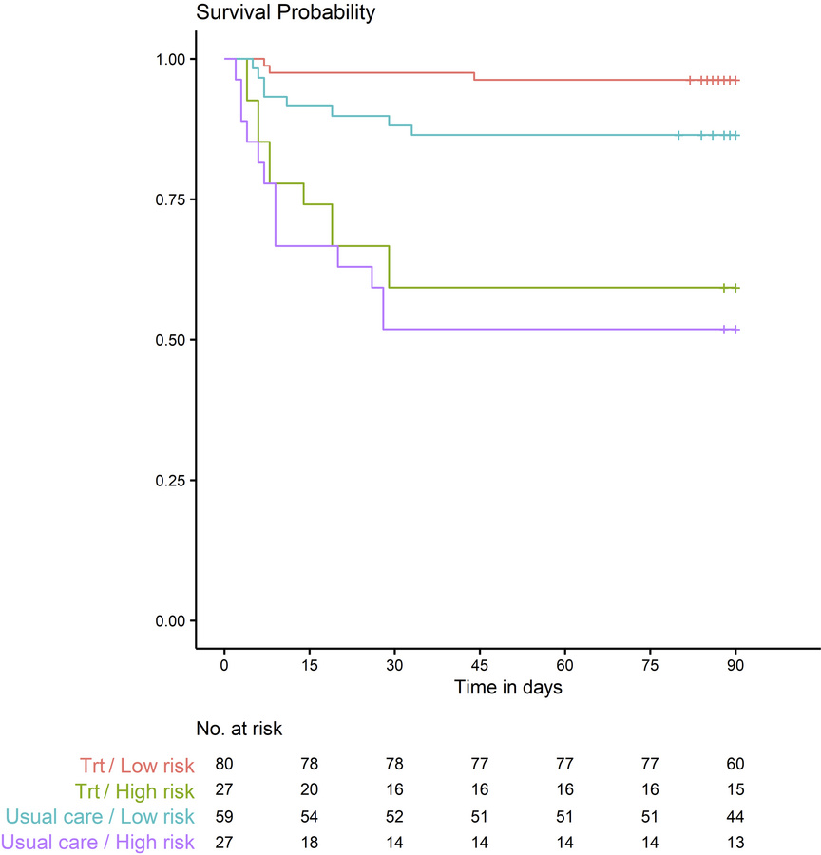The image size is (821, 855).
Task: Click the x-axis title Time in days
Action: [507, 687]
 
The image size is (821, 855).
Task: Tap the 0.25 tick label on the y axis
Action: [168, 481]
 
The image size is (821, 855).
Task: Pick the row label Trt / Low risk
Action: [133, 765]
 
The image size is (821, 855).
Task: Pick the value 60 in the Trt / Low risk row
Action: [735, 765]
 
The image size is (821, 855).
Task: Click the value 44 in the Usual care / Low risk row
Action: [735, 814]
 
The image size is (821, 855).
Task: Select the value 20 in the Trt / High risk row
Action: [309, 789]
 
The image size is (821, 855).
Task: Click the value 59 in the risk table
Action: [224, 814]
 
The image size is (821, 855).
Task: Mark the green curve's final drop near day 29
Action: [389, 267]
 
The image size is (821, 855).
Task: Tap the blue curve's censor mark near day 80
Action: [678, 136]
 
